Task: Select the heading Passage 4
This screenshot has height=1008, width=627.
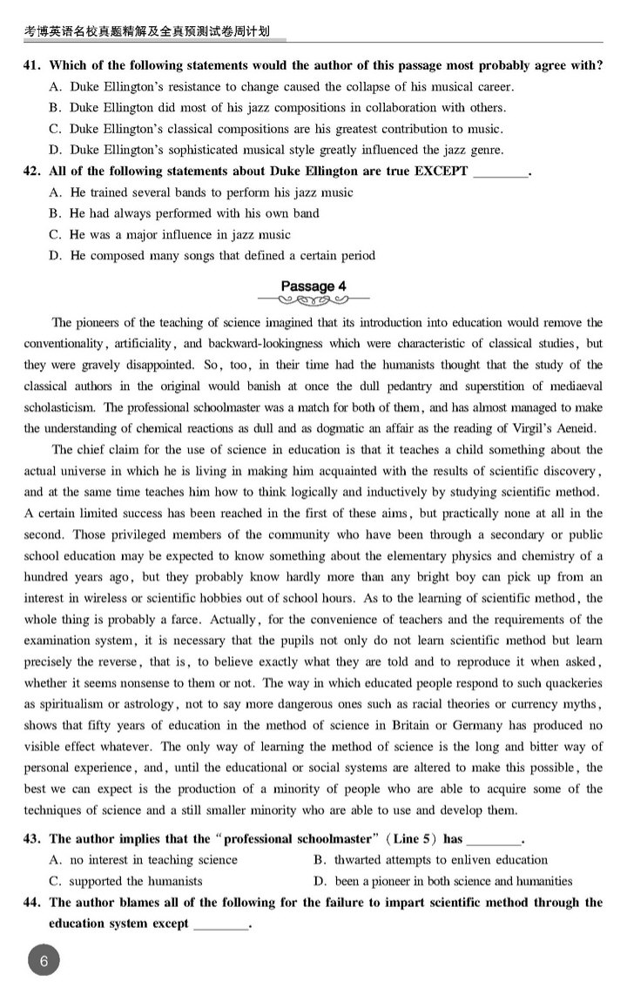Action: pyautogui.click(x=313, y=286)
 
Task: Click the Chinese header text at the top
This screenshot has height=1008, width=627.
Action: pyautogui.click(x=145, y=31)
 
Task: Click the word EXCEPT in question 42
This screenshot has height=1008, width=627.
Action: pyautogui.click(x=441, y=171)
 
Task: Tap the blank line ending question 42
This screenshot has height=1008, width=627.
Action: pyautogui.click(x=501, y=173)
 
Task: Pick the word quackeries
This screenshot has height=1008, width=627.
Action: pyautogui.click(x=562, y=682)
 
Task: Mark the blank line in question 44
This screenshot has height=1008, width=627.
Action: pyautogui.click(x=220, y=924)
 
